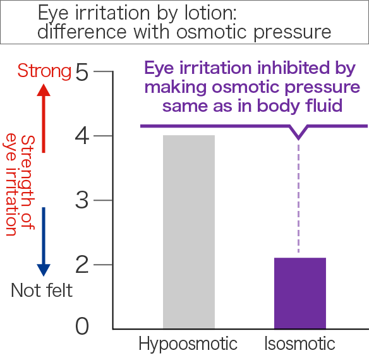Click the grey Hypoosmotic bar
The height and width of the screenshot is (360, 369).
pyautogui.click(x=189, y=232)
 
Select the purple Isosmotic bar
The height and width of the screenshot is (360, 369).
pyautogui.click(x=300, y=293)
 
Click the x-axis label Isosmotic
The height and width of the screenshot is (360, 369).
pyautogui.click(x=299, y=344)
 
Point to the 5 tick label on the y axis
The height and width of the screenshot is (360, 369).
pyautogui.click(x=82, y=72)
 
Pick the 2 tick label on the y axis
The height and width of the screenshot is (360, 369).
pyautogui.click(x=82, y=265)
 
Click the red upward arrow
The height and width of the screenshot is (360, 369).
pyautogui.click(x=44, y=118)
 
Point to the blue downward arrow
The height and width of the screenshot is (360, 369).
pyautogui.click(x=44, y=242)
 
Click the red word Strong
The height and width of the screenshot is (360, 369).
pyautogui.click(x=44, y=71)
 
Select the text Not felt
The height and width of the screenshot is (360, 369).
pyautogui.click(x=42, y=290)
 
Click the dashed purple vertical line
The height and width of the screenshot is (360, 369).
pyautogui.click(x=298, y=198)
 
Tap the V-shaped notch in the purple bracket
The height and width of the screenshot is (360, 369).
pyautogui.click(x=298, y=138)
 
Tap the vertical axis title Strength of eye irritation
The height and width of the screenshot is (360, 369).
pyautogui.click(x=18, y=184)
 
